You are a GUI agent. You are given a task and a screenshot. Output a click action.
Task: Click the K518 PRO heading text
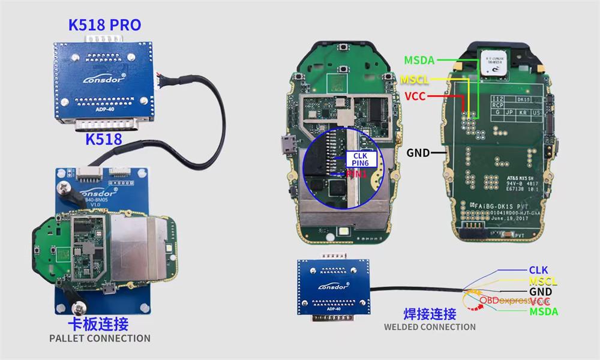click(105, 25)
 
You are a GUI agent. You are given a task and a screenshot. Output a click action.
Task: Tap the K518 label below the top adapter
click(104, 139)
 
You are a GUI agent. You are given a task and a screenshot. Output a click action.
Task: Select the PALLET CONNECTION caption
click(100, 338)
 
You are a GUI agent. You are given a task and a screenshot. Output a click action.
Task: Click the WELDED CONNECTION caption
click(430, 327)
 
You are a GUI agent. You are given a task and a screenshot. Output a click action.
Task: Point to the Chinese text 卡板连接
click(100, 324)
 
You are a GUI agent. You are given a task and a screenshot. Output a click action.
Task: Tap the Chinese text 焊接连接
click(430, 314)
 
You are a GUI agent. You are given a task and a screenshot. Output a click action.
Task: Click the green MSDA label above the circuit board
click(419, 61)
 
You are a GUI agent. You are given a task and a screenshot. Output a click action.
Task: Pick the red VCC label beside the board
click(415, 96)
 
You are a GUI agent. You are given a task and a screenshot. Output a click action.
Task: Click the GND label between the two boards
click(418, 153)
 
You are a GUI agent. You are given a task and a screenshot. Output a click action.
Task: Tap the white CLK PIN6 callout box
click(361, 159)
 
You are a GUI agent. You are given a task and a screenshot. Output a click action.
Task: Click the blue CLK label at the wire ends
click(538, 271)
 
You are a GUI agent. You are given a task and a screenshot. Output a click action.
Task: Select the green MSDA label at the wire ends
click(544, 311)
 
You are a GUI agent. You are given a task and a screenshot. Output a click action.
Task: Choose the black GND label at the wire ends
click(540, 292)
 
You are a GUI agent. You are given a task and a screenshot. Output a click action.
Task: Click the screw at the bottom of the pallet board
click(77, 307)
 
